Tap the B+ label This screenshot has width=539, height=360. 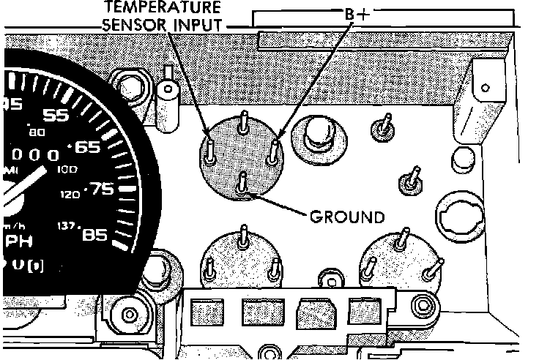tap(357, 15)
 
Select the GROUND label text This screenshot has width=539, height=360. tap(346, 217)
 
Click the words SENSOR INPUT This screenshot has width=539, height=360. tap(172, 25)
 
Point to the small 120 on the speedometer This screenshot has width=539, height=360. tap(70, 195)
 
